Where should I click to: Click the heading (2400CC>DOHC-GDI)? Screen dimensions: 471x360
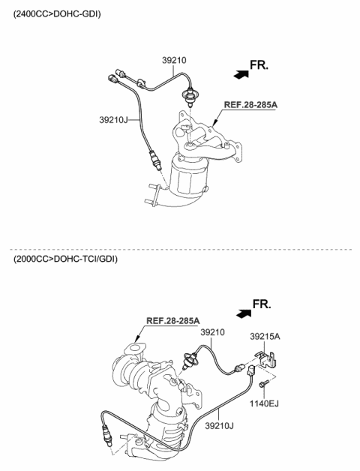coord(57,14)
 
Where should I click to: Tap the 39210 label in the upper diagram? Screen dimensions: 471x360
coord(173,60)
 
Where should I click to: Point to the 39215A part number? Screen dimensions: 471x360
coord(265,337)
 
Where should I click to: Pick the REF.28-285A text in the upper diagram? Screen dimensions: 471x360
coord(250,105)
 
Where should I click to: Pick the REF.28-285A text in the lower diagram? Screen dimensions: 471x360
coord(172,320)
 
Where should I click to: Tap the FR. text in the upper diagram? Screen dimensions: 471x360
coord(259,66)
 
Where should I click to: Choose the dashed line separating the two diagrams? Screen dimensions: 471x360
coord(180,249)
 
